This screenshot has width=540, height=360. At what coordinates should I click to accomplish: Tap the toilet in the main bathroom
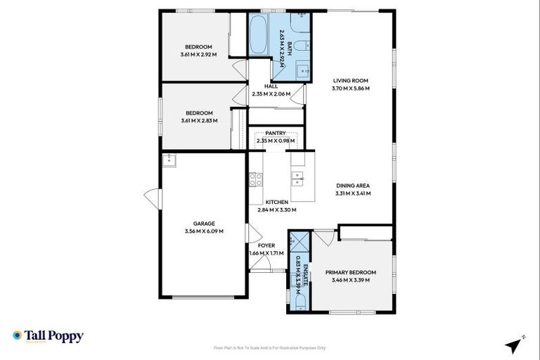click(x=300, y=47)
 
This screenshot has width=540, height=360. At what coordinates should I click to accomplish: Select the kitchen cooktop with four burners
click(x=255, y=179)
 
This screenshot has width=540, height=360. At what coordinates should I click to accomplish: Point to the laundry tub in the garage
click(x=169, y=160)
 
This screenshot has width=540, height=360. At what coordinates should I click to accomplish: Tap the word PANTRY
click(x=275, y=132)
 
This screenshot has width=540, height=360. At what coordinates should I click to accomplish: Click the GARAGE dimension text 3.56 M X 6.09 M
click(x=204, y=231)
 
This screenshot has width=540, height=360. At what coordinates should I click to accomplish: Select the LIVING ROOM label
click(x=351, y=81)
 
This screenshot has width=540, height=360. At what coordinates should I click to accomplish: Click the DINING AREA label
click(x=353, y=186)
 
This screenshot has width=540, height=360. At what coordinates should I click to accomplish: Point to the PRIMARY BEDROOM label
click(x=351, y=272)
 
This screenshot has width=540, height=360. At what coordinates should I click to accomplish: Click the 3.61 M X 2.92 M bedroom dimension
click(x=199, y=54)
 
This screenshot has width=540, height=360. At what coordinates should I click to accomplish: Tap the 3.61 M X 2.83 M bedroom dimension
click(x=199, y=120)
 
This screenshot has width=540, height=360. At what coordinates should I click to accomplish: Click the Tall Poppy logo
click(x=48, y=336)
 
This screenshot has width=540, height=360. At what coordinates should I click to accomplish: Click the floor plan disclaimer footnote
click(x=270, y=347)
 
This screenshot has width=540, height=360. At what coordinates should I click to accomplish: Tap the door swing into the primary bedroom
click(x=323, y=238)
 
